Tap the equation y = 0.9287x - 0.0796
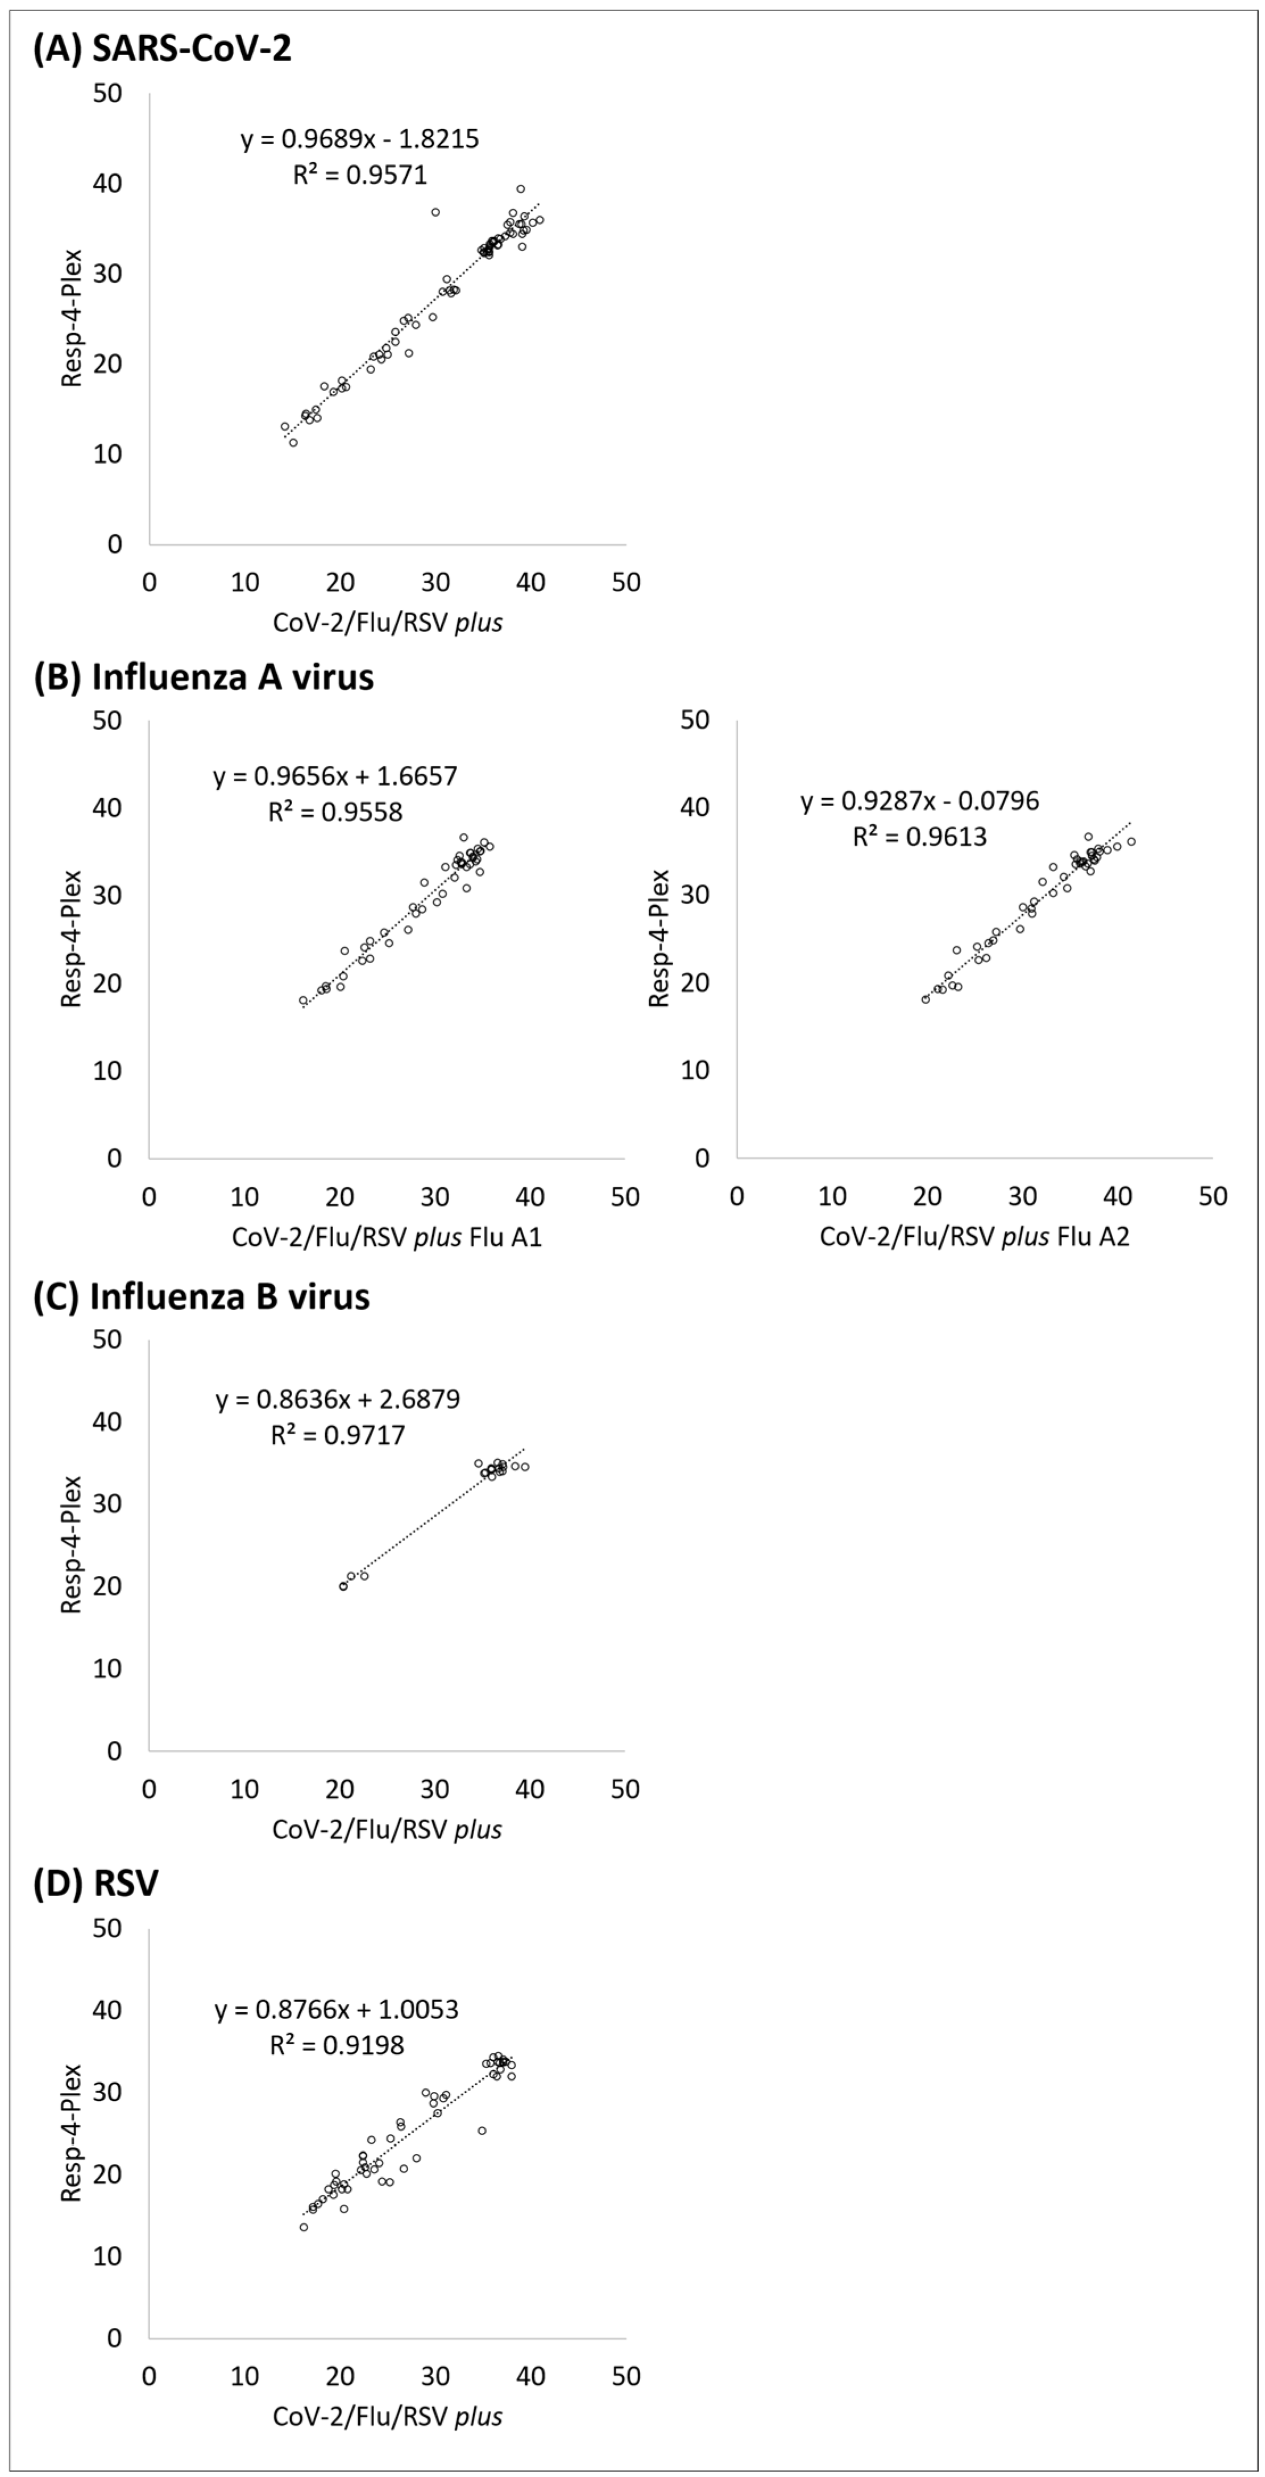(920, 801)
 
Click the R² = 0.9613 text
(920, 836)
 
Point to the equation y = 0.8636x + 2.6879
(337, 1399)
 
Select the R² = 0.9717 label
(337, 1435)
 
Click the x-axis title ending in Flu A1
(387, 1237)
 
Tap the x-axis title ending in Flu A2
(974, 1237)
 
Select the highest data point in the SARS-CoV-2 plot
(521, 188)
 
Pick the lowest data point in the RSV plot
(304, 2227)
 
